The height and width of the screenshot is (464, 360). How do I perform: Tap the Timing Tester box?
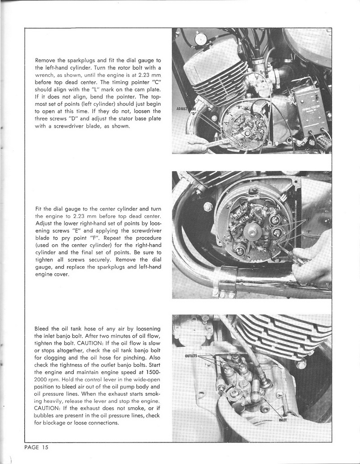[309, 111]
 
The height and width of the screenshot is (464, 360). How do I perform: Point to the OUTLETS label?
[192, 356]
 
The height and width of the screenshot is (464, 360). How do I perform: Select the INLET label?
[283, 420]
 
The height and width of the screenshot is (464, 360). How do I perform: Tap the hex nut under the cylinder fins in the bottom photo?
[301, 365]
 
